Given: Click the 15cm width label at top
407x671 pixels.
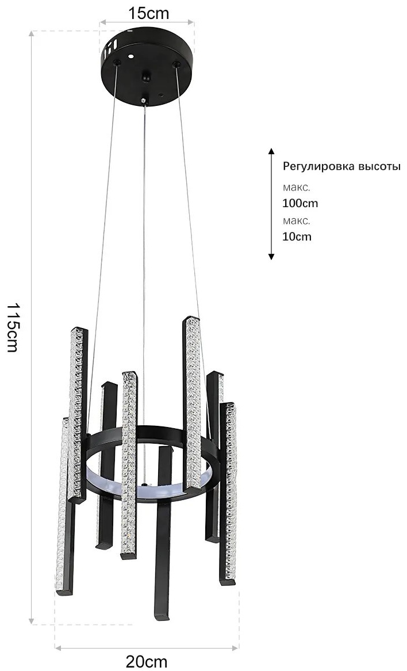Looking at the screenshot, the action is tap(148, 13).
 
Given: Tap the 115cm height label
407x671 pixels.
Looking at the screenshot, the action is tap(13, 327).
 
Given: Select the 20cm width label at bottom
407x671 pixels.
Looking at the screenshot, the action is tap(146, 662).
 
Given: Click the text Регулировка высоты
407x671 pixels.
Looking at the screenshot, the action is tap(341, 166).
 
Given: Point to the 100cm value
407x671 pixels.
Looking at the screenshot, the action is tap(300, 203).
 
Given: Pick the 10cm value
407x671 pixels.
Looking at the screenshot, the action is tap(297, 237).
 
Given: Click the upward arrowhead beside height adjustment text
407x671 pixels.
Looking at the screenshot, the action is tap(271, 151).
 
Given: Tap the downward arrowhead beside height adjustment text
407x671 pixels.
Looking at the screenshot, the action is tap(271, 256).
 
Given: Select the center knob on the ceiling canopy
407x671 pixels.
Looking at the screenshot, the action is tap(146, 78).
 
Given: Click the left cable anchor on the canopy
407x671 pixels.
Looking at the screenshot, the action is tap(116, 63).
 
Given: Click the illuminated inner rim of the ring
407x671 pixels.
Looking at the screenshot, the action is tap(145, 486).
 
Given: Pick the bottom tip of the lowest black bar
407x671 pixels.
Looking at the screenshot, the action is tap(162, 617).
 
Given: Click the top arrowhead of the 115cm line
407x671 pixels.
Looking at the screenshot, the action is tap(31, 34).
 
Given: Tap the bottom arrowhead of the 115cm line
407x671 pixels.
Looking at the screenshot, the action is tap(31, 620).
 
